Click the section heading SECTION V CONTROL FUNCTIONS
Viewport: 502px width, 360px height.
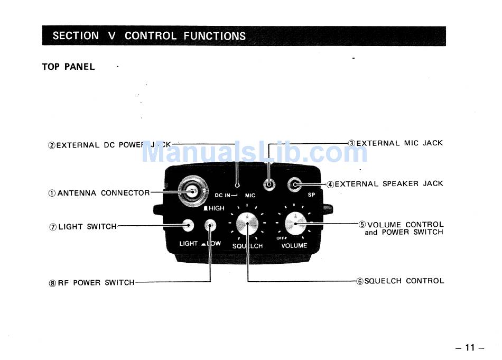point(149,36)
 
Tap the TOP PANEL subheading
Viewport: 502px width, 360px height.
point(68,67)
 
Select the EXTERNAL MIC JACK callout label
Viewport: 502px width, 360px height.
point(395,143)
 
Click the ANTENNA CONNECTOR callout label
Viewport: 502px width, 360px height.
point(99,193)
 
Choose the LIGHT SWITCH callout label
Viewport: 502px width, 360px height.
point(83,227)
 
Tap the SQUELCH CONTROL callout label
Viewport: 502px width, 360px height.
point(400,281)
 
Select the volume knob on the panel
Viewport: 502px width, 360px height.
point(295,224)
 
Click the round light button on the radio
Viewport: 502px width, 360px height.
point(187,226)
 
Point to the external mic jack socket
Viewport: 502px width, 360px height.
point(269,185)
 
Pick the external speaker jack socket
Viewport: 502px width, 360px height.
point(295,184)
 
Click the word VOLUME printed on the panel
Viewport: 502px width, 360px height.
point(294,245)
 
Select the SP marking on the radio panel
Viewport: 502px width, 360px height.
point(311,195)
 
